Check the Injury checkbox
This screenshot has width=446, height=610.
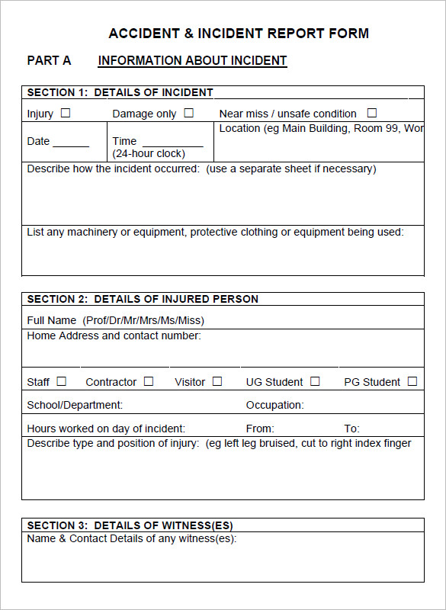tap(66, 113)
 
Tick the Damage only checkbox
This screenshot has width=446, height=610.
tap(188, 113)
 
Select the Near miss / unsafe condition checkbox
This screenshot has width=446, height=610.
tap(372, 113)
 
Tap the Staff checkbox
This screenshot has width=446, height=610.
tap(62, 381)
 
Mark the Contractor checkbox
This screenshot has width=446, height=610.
tap(149, 381)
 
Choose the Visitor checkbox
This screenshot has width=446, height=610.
tap(217, 381)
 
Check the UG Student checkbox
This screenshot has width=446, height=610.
tap(315, 381)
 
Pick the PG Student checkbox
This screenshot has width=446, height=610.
tap(412, 381)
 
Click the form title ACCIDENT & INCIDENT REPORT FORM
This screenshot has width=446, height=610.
tap(239, 34)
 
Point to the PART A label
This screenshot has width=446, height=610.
tap(49, 61)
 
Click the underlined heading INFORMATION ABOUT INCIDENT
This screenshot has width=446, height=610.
tap(192, 61)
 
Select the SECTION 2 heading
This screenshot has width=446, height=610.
tap(143, 299)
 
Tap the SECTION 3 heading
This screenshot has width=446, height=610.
tap(130, 525)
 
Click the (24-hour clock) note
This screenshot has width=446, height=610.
tap(149, 153)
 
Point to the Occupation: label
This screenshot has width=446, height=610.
tap(274, 405)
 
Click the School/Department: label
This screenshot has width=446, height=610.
tap(75, 405)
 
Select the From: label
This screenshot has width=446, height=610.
tap(260, 429)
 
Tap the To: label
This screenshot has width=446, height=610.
tap(351, 429)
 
